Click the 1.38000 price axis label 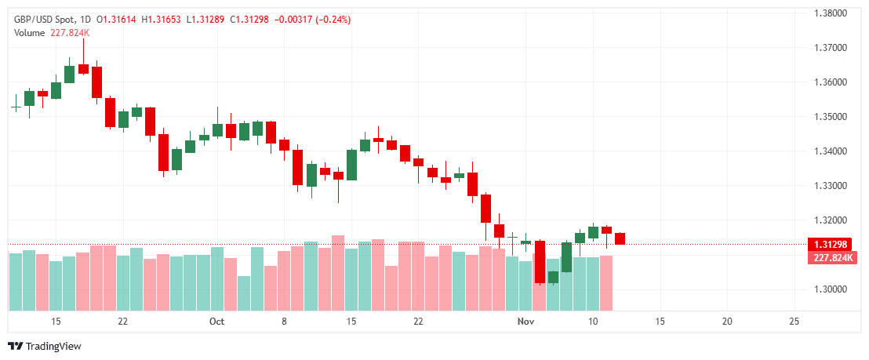point(831,13)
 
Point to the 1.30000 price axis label point(831,289)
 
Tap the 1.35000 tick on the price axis point(831,117)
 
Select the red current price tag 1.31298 point(833,245)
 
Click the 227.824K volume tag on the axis point(833,258)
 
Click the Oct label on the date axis point(217,322)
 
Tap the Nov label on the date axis point(525,322)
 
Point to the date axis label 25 point(794,322)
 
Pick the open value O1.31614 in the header point(119,19)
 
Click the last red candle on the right point(620,238)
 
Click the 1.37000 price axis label point(831,48)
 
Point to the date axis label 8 point(284,322)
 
